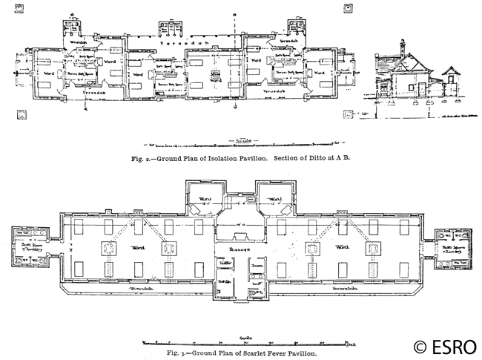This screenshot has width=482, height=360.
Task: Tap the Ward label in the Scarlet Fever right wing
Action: pos(342,246)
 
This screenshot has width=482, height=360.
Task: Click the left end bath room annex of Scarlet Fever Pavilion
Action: pos(30,248)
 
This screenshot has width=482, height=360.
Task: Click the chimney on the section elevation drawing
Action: pos(401,48)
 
